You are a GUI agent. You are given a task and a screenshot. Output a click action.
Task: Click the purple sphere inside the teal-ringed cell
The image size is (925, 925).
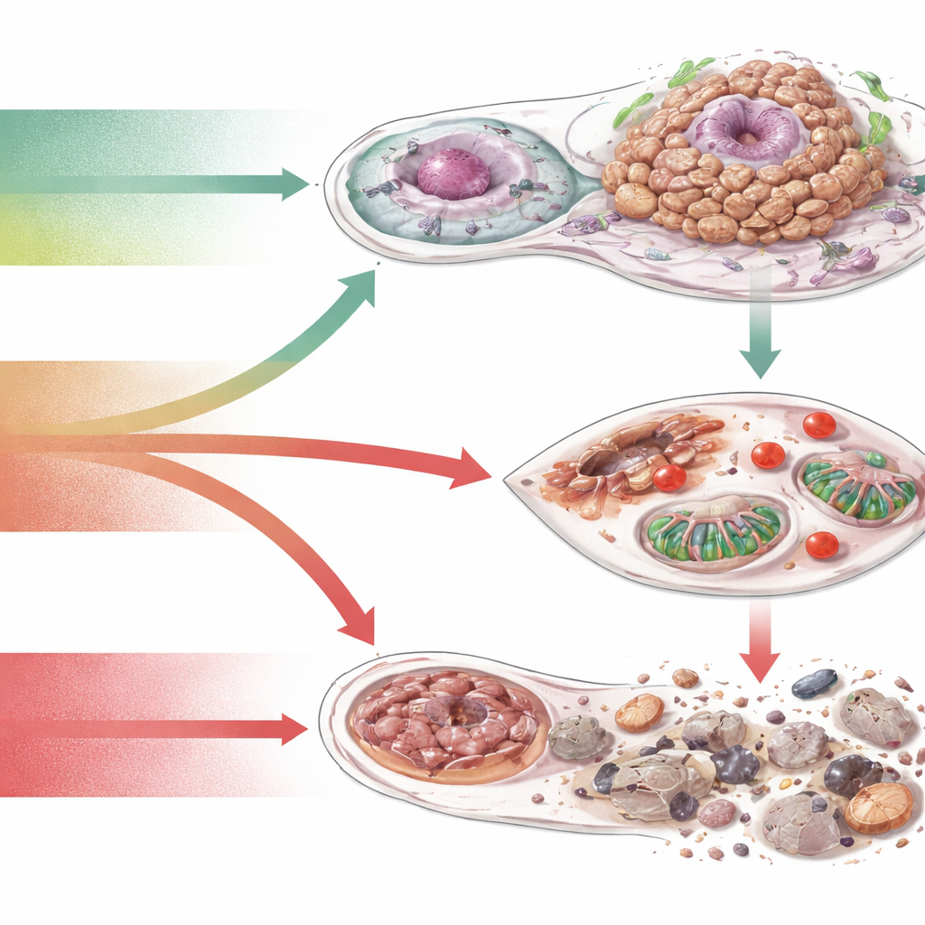(453, 174)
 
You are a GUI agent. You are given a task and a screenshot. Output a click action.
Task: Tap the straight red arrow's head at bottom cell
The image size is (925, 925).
(294, 729)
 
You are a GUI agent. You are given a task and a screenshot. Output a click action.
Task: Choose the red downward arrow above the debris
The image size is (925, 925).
(761, 659)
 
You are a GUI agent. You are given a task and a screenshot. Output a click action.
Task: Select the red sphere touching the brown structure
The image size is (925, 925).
(668, 478)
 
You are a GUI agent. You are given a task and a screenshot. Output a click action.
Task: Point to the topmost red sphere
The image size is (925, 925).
(819, 425)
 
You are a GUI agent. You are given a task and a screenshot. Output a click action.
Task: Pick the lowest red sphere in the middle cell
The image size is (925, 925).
(822, 544)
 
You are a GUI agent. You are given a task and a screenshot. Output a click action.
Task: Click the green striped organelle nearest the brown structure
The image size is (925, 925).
(714, 533)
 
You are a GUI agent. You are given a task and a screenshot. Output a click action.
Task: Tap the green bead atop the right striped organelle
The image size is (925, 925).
(875, 460)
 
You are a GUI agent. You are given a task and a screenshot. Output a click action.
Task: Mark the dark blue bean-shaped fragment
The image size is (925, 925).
(814, 683)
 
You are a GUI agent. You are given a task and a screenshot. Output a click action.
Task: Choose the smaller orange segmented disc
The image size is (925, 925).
(640, 713)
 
